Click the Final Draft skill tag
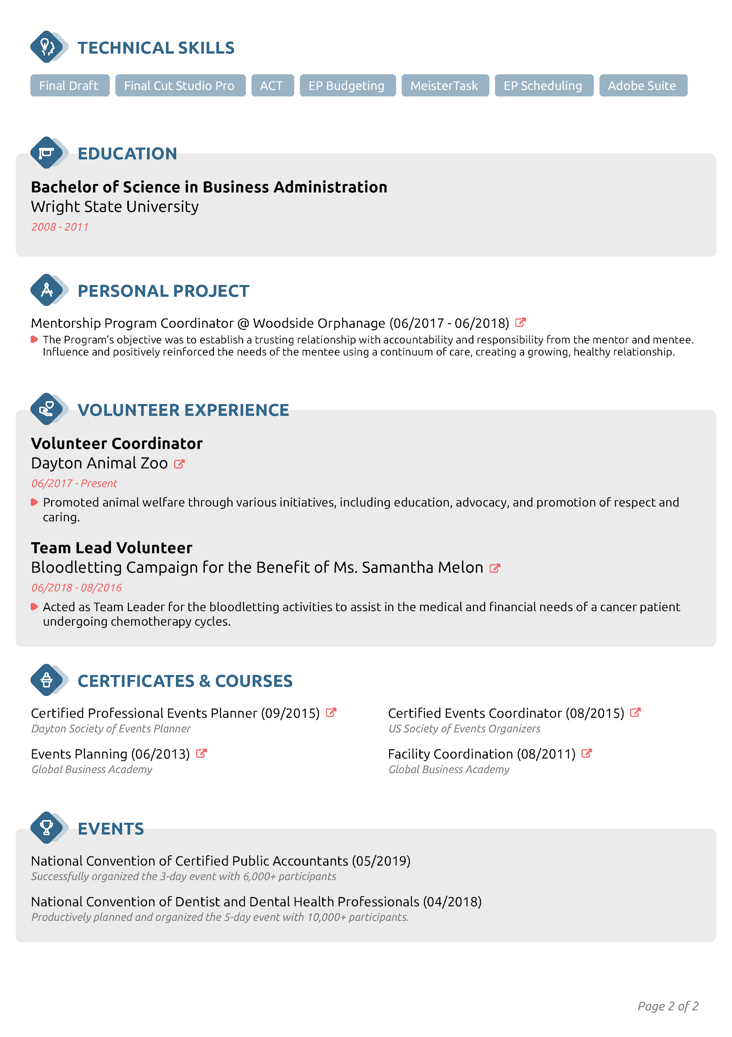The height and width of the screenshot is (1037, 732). (69, 85)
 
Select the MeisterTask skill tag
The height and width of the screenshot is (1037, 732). (445, 85)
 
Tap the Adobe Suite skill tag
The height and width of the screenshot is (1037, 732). (643, 85)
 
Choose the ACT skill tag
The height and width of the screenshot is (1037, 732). (272, 85)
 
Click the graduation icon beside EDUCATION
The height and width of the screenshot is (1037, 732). (46, 153)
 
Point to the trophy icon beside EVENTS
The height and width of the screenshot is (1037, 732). (46, 827)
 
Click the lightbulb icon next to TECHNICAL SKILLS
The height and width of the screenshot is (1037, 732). (46, 47)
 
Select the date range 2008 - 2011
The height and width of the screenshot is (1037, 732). (59, 227)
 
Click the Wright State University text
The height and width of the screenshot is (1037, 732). (115, 206)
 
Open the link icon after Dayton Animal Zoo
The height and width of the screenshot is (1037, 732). (179, 464)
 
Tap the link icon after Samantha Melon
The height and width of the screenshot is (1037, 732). (494, 568)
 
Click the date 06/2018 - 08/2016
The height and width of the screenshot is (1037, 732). (76, 588)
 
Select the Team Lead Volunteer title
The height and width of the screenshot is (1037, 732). (111, 548)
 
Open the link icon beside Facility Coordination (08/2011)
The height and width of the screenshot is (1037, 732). (586, 753)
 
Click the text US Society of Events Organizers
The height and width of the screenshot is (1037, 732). (464, 729)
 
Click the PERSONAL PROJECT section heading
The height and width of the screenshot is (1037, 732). (164, 291)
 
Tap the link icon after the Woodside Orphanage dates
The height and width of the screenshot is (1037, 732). (520, 323)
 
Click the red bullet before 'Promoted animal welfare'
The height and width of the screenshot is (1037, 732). (34, 502)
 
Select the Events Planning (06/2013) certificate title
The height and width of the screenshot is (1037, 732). (110, 754)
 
